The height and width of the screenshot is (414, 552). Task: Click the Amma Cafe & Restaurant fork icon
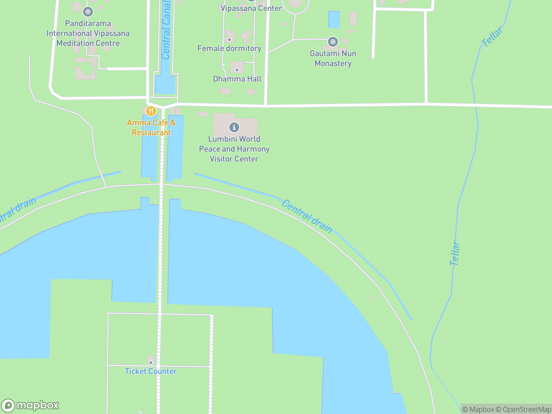(151, 111)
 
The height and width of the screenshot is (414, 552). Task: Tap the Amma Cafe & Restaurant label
(151, 128)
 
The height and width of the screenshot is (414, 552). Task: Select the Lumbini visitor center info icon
(234, 127)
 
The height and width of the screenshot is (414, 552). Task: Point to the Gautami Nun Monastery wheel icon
(333, 42)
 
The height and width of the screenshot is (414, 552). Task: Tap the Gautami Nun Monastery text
(333, 58)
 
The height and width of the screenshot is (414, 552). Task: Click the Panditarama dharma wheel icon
(88, 12)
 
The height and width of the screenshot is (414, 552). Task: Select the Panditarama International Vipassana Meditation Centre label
(88, 33)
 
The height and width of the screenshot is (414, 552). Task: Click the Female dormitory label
(229, 48)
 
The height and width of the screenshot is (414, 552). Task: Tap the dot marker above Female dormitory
(229, 40)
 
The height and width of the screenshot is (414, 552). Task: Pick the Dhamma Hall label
(237, 79)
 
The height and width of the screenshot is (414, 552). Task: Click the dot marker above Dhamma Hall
(237, 70)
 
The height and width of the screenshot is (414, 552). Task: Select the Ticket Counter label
(150, 371)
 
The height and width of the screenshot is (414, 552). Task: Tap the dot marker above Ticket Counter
(150, 363)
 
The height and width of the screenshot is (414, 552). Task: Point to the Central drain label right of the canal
(307, 216)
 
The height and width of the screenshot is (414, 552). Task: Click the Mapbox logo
(30, 405)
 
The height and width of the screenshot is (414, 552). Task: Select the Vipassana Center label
(251, 8)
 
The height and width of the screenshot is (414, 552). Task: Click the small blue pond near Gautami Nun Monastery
(334, 19)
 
